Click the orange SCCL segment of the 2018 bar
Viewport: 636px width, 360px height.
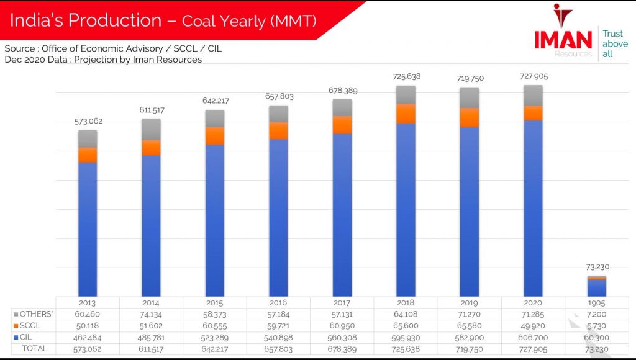coord(406,114)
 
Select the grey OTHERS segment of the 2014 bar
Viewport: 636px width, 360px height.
coord(151,129)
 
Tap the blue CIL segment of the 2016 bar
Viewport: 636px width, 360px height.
coord(278,217)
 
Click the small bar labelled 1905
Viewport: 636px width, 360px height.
coord(597,287)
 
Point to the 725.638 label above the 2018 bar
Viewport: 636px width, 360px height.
coord(406,77)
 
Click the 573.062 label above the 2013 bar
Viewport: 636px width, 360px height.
coord(87,121)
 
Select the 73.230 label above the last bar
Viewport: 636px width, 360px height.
coord(597,267)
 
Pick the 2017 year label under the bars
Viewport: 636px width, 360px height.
coord(342,303)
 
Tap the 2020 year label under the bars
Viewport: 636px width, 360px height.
coord(533,303)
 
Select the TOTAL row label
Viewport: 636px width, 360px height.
coord(34,349)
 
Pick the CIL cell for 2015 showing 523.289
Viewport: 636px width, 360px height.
coord(215,337)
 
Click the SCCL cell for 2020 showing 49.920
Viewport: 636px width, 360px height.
coord(533,326)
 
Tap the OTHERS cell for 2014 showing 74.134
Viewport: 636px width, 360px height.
coord(151,314)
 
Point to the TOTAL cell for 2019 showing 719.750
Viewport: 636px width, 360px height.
coord(470,349)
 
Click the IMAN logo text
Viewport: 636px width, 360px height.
coord(563,39)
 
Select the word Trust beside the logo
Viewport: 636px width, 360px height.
coord(612,34)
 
